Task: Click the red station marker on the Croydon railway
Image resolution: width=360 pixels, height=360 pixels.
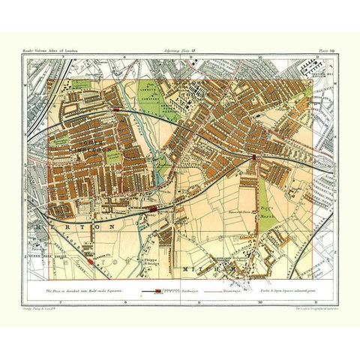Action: tap(256, 157)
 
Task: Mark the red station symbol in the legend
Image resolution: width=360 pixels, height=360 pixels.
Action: tap(155, 289)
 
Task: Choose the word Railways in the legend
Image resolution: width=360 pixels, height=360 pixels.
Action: tap(184, 289)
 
